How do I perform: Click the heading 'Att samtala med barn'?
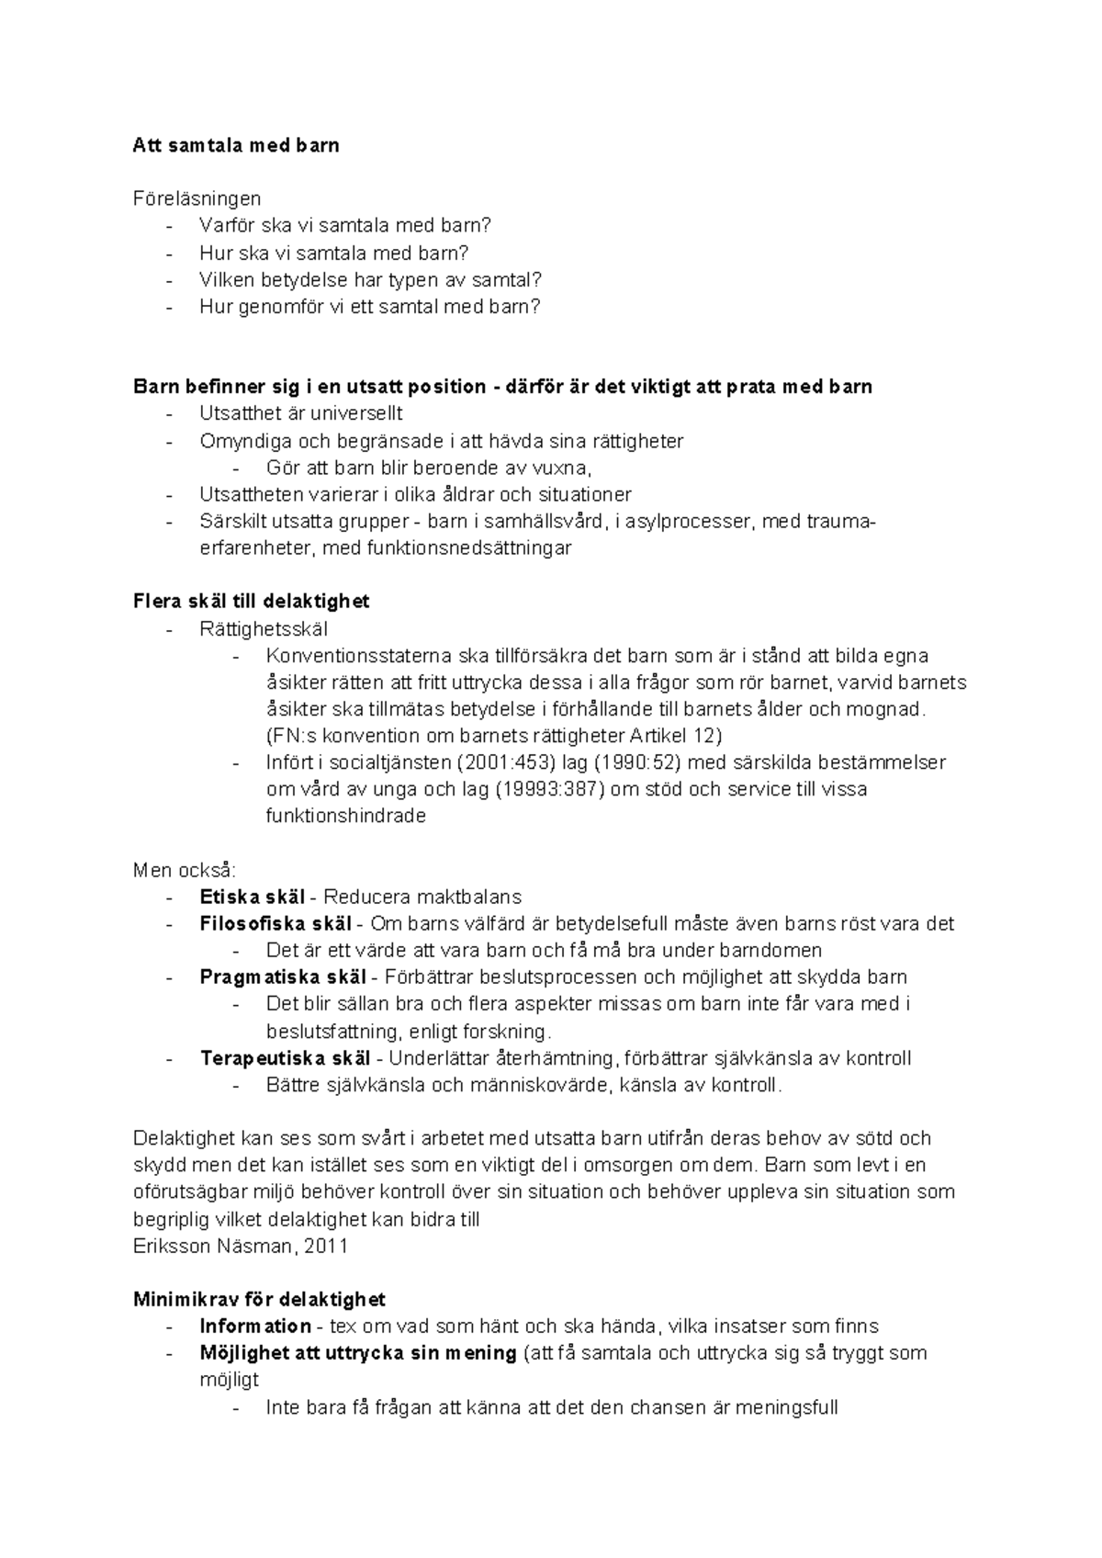tap(236, 145)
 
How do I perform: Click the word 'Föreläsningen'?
tap(197, 198)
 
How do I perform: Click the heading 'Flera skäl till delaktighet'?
tap(251, 602)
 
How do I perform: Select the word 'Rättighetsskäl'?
tap(264, 629)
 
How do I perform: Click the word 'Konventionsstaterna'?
tap(358, 656)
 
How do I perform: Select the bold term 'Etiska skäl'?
tap(253, 897)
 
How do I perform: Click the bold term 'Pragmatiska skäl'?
tap(283, 977)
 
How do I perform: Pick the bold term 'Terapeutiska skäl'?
tap(286, 1057)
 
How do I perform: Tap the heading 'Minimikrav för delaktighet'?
tap(259, 1299)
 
